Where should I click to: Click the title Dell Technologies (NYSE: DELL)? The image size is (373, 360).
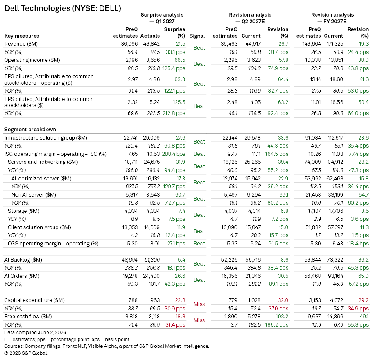[x=63, y=8]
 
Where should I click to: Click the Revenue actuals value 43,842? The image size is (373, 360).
[x=151, y=44]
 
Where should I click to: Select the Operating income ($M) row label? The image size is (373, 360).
[x=32, y=60]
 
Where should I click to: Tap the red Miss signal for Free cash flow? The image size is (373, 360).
[x=199, y=320]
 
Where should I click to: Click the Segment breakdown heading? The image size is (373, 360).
[x=30, y=130]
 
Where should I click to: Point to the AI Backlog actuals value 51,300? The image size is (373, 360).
[x=152, y=260]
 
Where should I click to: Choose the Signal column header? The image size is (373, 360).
[x=197, y=36]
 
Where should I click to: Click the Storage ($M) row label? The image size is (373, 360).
[x=24, y=211]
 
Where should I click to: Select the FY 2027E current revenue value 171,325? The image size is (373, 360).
[x=333, y=44]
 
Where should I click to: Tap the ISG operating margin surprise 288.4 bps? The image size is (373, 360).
[x=174, y=154]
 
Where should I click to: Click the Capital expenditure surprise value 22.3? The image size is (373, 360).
[x=180, y=300]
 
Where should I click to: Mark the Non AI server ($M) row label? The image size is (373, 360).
[x=34, y=195]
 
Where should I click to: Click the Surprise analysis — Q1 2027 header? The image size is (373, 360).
[x=162, y=18]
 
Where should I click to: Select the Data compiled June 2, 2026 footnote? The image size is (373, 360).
[x=36, y=332]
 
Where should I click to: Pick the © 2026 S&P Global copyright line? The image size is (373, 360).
[x=26, y=353]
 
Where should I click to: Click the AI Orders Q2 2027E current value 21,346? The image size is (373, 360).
[x=253, y=276]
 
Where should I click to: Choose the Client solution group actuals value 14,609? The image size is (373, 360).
[x=152, y=227]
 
